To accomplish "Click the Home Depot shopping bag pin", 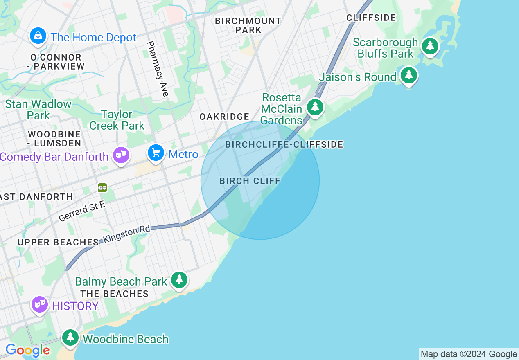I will click(38, 36).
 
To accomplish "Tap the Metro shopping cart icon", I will click(156, 153).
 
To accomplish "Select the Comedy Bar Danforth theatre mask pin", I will click(121, 155).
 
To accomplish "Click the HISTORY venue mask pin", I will click(40, 304).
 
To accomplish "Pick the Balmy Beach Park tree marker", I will click(179, 280).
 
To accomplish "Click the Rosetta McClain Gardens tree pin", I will click(315, 107).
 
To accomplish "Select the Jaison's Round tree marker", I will click(408, 75).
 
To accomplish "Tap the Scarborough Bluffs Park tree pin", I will click(430, 46).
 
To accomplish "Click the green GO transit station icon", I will click(102, 188).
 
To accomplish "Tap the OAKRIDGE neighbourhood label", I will click(224, 117).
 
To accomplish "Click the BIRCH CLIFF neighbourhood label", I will click(250, 181).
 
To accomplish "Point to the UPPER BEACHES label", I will click(58, 242).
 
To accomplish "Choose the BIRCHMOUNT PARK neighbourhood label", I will click(248, 25).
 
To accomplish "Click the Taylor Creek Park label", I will click(117, 120).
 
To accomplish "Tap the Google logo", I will click(27, 350).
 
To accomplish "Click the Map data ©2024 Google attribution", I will click(469, 354).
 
